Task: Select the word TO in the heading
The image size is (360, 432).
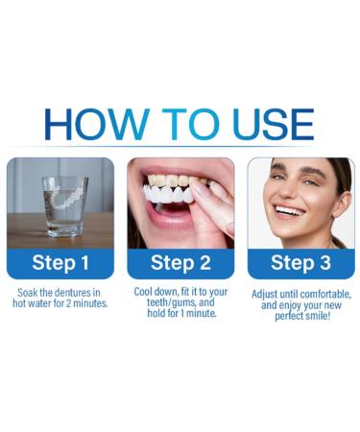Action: pyautogui.click(x=182, y=125)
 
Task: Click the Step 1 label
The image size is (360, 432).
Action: pyautogui.click(x=60, y=263)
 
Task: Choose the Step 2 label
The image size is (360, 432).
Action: pyautogui.click(x=180, y=263)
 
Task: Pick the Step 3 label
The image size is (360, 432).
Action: pyautogui.click(x=300, y=263)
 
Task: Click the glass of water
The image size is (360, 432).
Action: pyautogui.click(x=64, y=204)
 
